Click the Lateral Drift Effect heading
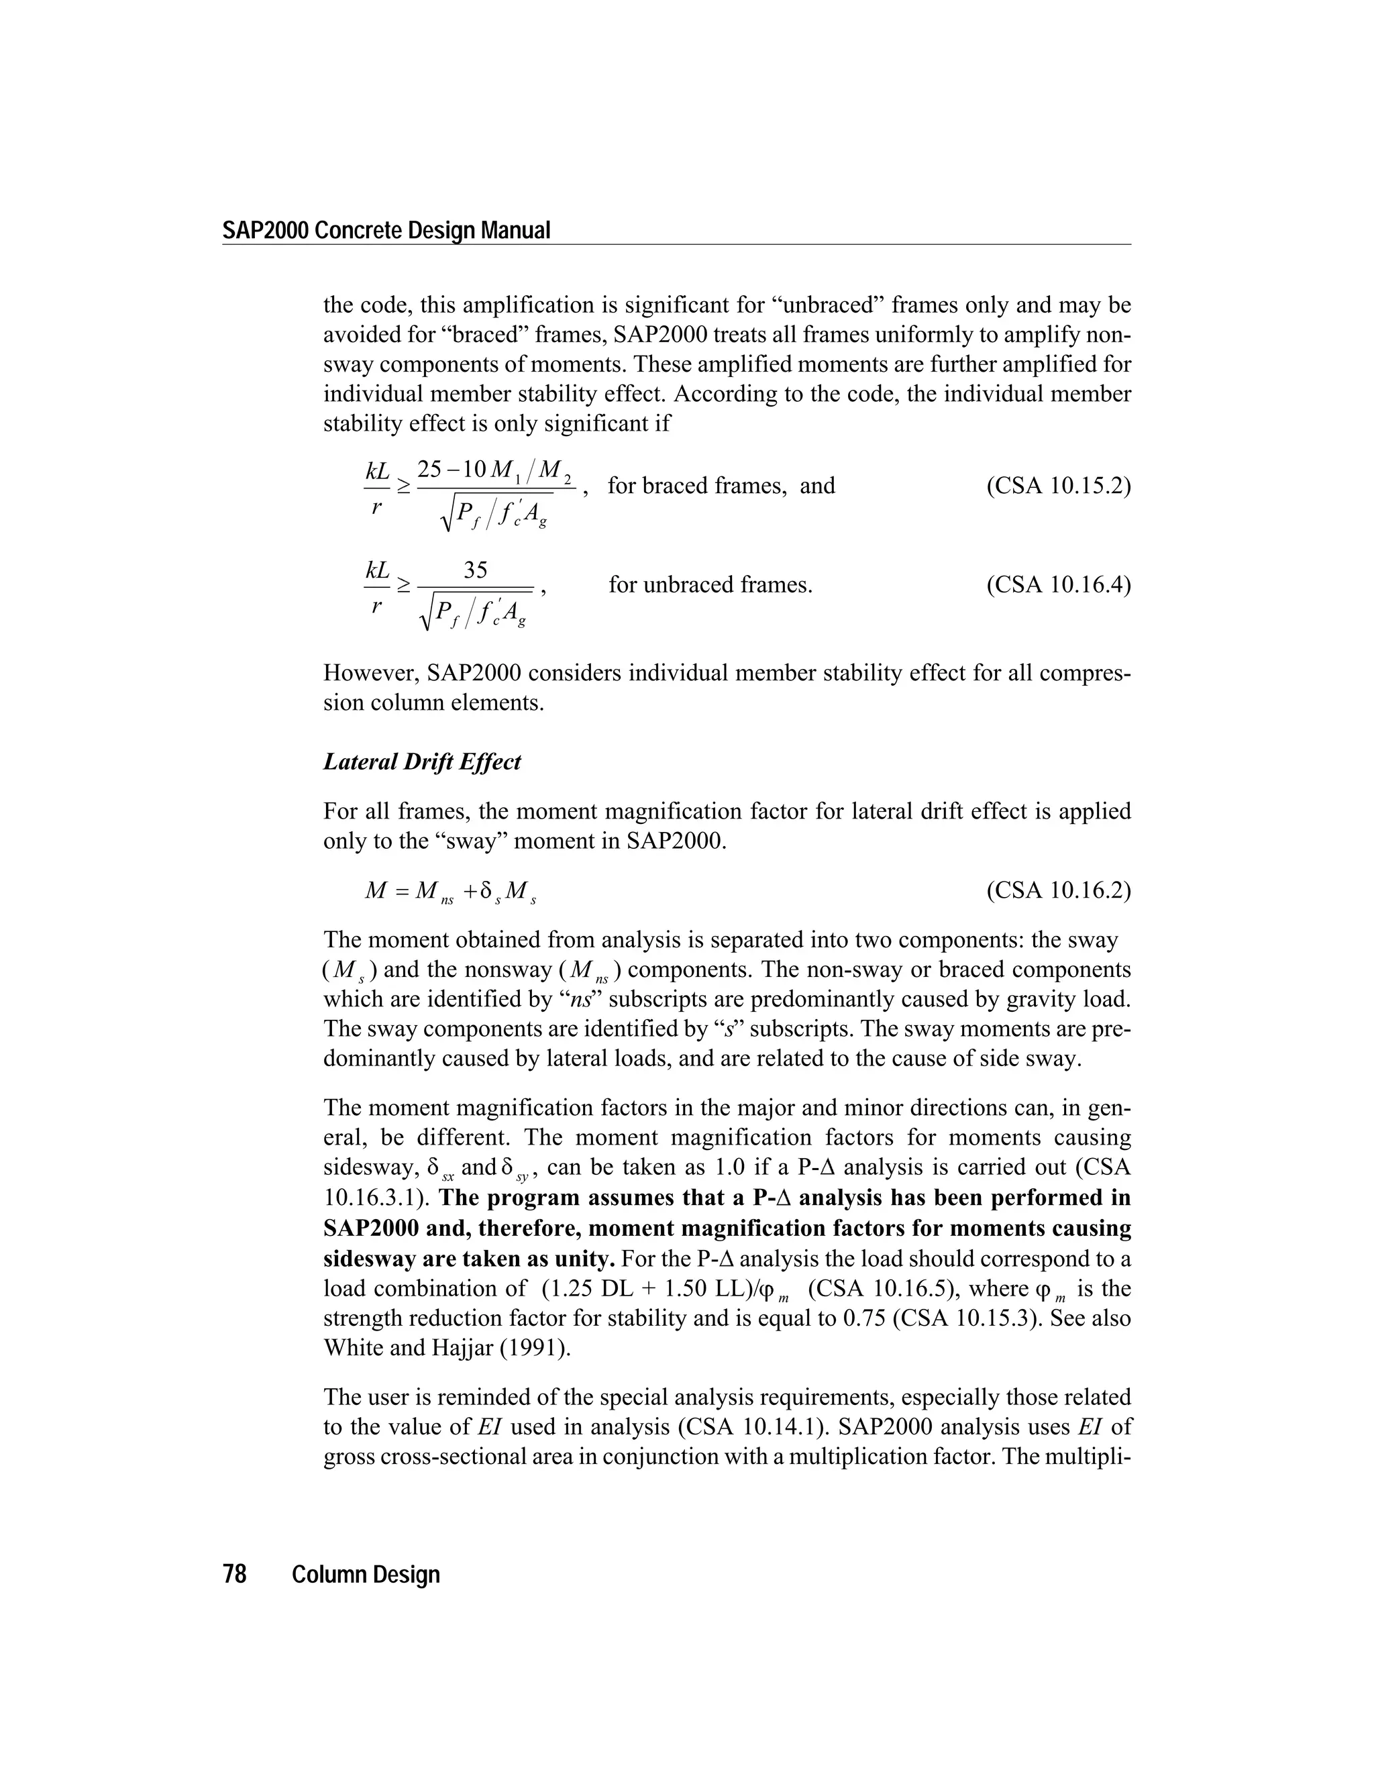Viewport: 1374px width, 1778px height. (x=421, y=762)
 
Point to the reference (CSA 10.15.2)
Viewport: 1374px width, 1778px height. (x=1058, y=486)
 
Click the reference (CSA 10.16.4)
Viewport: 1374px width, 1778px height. (x=1058, y=584)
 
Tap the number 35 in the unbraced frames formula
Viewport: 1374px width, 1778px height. (x=476, y=571)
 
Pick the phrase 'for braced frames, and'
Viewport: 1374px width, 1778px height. (x=721, y=486)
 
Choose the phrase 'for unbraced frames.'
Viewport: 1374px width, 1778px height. (x=710, y=584)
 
